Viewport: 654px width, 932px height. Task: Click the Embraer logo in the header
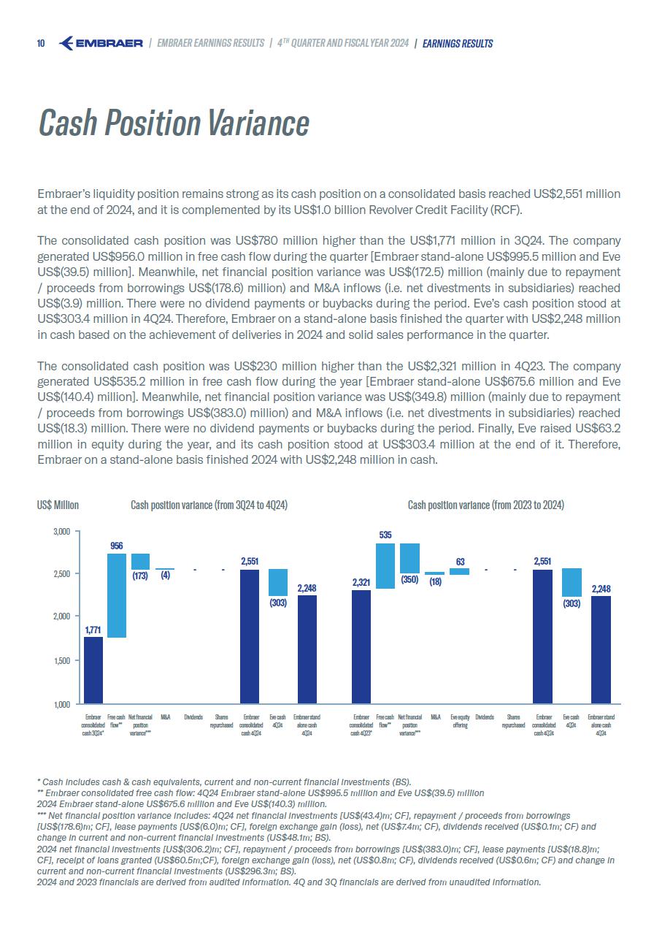point(100,44)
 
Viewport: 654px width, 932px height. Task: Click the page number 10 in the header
point(41,44)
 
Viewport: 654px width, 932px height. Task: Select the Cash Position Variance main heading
point(174,123)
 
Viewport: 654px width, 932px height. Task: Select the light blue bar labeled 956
point(117,595)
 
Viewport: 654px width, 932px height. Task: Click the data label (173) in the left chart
point(141,576)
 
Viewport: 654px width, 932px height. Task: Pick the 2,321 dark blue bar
point(361,646)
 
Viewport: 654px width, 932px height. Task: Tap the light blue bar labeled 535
point(385,566)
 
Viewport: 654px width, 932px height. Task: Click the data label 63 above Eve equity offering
point(460,562)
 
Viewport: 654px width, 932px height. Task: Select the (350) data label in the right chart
point(410,580)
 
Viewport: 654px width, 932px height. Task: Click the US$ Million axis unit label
point(58,505)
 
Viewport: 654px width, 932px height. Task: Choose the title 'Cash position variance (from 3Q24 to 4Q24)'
point(209,505)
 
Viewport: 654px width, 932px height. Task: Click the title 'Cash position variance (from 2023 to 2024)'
point(485,505)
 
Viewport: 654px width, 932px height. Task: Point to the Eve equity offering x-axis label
point(460,722)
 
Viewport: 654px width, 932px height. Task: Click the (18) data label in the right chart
point(435,582)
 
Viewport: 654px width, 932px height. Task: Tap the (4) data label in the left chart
point(166,575)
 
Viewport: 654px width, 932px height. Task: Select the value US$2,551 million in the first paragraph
point(577,194)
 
